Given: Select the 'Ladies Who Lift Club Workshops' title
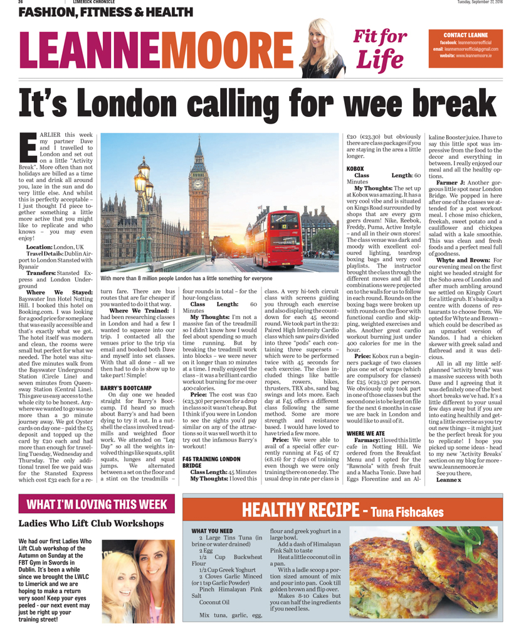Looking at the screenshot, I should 91,524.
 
